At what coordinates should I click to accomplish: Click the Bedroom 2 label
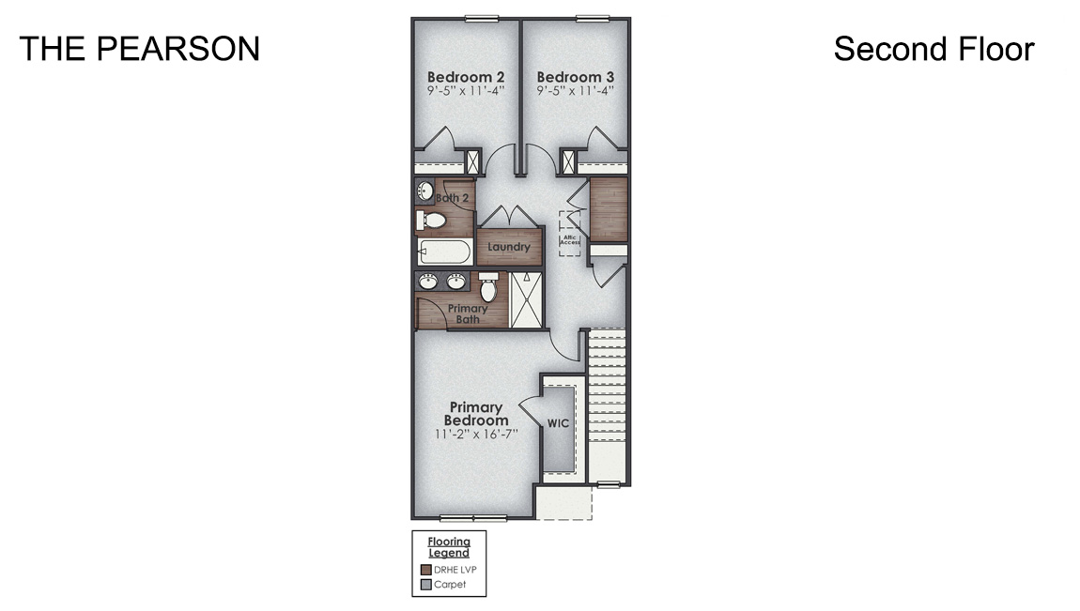[x=467, y=76]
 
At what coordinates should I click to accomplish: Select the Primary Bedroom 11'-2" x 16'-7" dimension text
[x=476, y=435]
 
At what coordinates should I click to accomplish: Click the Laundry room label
[x=509, y=248]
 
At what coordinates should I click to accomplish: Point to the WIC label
[x=558, y=423]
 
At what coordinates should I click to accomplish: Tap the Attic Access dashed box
[x=570, y=233]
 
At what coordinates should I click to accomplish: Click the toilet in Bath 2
[x=433, y=221]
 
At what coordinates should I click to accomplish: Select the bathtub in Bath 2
[x=444, y=252]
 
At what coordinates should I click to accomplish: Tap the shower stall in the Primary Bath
[x=526, y=299]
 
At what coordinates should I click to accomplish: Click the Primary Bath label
[x=467, y=313]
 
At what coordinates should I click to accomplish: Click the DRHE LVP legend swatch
[x=425, y=569]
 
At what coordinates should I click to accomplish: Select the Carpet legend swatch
[x=425, y=584]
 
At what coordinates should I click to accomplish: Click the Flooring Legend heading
[x=449, y=547]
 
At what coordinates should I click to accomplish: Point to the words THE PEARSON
[x=139, y=49]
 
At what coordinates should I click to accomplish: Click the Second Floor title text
[x=933, y=49]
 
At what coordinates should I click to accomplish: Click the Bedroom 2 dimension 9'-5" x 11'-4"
[x=467, y=91]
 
